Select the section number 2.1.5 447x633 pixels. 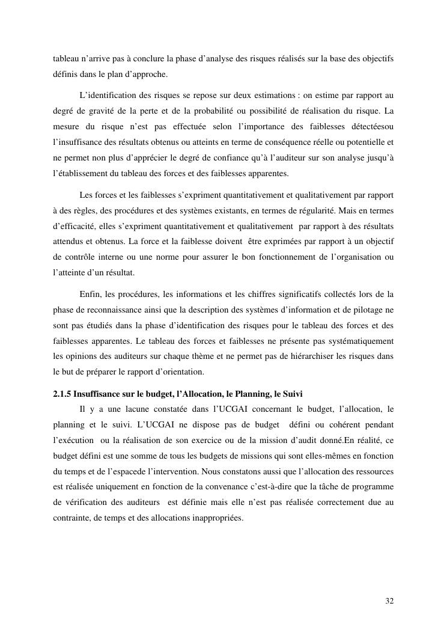tap(62, 394)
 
